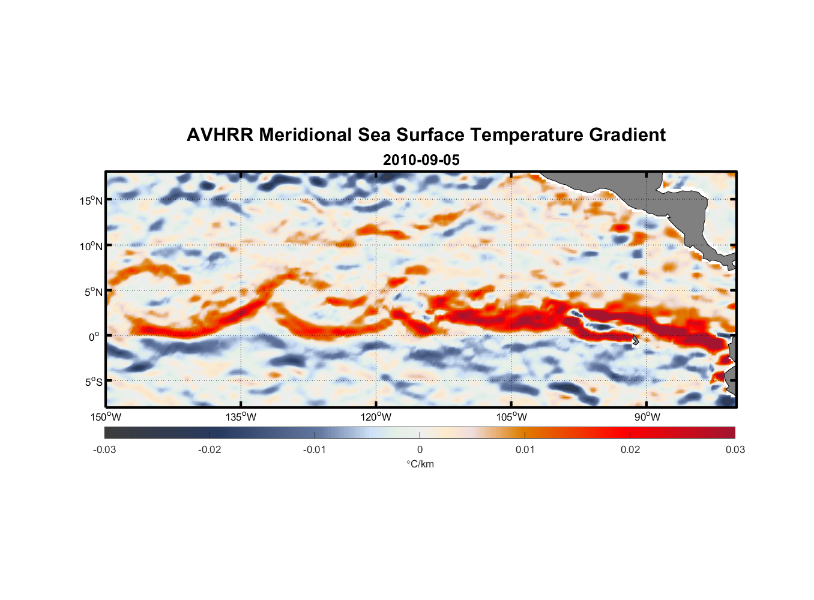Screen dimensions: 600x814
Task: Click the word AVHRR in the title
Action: pyautogui.click(x=220, y=135)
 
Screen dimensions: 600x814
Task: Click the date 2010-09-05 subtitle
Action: pyautogui.click(x=421, y=160)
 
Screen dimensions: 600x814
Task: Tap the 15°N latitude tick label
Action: pyautogui.click(x=91, y=200)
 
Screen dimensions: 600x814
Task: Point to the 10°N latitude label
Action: pyautogui.click(x=91, y=246)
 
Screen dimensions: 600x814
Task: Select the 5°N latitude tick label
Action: pyautogui.click(x=93, y=292)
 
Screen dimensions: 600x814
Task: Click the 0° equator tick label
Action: pyautogui.click(x=94, y=337)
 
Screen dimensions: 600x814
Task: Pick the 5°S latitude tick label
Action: pyautogui.click(x=93, y=382)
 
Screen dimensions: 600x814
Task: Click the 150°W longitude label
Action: pyautogui.click(x=106, y=417)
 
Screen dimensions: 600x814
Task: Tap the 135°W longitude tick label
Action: pyautogui.click(x=241, y=417)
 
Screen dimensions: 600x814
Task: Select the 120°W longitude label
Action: pyautogui.click(x=376, y=417)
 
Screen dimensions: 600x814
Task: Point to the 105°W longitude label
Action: pyautogui.click(x=511, y=417)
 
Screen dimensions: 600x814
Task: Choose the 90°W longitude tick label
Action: pyautogui.click(x=647, y=417)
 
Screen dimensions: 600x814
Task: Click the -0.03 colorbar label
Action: pyautogui.click(x=104, y=450)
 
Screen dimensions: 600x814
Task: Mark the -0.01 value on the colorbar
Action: pyautogui.click(x=315, y=450)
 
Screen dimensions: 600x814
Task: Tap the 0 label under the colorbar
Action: pyautogui.click(x=420, y=450)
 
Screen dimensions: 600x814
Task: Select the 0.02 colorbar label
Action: pyautogui.click(x=630, y=450)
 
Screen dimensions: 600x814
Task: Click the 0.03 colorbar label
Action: pyautogui.click(x=735, y=450)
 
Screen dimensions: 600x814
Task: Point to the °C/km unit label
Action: pyautogui.click(x=420, y=464)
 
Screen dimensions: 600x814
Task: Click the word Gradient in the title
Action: pyautogui.click(x=627, y=135)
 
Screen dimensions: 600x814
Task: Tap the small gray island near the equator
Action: pyautogui.click(x=635, y=340)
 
